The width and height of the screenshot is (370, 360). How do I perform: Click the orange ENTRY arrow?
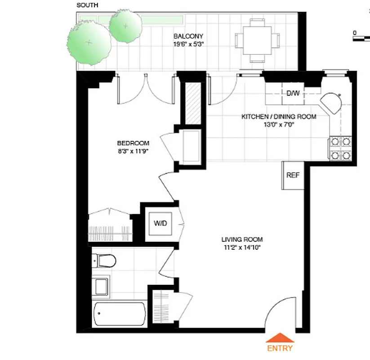point(280,338)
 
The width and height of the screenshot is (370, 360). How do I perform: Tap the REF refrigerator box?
point(293,175)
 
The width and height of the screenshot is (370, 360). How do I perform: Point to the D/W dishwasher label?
point(293,93)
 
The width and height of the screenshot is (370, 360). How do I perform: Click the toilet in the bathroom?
point(104,260)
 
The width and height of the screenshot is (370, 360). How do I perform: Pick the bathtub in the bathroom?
point(119,313)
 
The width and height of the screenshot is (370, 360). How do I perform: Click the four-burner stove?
point(340,148)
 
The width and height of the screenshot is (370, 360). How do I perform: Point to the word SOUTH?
point(88,5)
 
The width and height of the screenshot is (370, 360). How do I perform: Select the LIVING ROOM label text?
point(242,239)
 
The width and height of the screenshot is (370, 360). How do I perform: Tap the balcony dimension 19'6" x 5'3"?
point(188,44)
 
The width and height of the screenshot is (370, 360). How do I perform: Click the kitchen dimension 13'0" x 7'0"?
point(279,125)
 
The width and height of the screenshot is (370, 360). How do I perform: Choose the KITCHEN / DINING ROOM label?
point(279,117)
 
